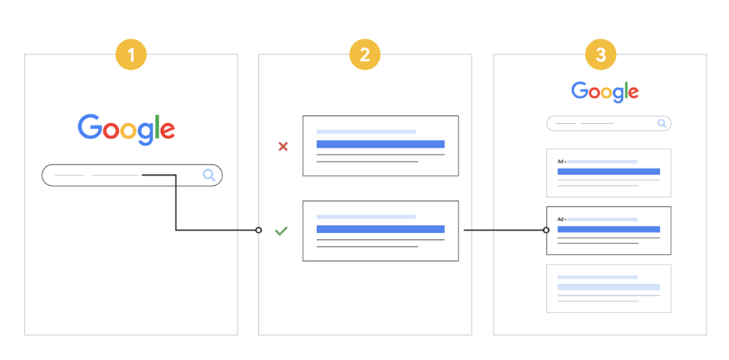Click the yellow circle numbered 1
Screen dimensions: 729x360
(x=131, y=55)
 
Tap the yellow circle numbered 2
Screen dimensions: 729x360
(x=365, y=55)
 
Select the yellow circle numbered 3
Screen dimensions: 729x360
(x=601, y=55)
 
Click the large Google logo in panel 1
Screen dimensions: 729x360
(x=126, y=130)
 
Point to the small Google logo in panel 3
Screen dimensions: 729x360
(x=605, y=92)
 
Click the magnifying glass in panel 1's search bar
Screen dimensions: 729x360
(x=209, y=175)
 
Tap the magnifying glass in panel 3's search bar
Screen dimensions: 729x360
(x=662, y=124)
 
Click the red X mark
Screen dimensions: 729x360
(x=283, y=146)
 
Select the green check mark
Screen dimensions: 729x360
(x=281, y=231)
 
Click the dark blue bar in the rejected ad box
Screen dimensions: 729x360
(x=381, y=144)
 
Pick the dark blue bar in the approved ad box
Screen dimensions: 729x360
(x=381, y=229)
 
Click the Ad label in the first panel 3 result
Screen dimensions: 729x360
(x=561, y=162)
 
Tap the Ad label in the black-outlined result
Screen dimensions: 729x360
(x=561, y=219)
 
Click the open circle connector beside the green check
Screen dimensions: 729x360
(x=259, y=230)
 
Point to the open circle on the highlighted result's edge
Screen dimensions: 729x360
(x=546, y=230)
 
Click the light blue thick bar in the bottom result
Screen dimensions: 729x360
(x=609, y=286)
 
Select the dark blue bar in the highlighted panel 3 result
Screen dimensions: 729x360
(x=609, y=229)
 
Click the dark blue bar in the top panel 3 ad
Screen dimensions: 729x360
(x=609, y=171)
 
